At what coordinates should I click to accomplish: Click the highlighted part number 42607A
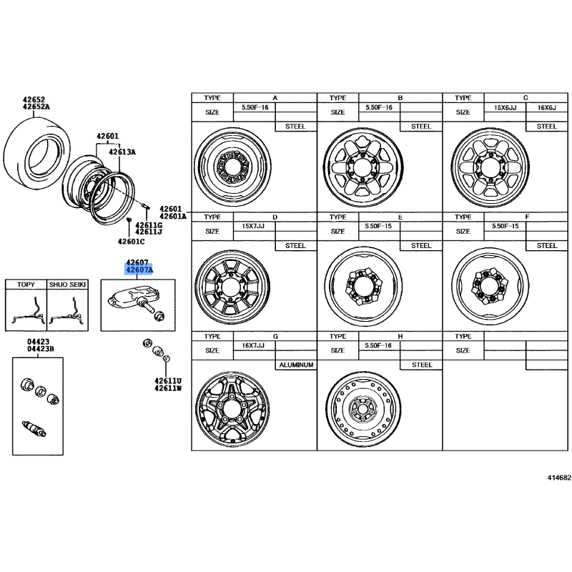139,270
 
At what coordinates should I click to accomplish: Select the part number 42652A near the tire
36,107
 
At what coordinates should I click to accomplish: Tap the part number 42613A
122,152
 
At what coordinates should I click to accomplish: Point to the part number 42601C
131,242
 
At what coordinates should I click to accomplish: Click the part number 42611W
168,388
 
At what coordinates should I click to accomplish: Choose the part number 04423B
41,349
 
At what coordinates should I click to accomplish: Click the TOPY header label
26,285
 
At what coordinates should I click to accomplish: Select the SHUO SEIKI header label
67,285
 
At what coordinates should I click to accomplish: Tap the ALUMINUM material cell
296,365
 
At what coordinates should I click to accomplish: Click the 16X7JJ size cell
253,345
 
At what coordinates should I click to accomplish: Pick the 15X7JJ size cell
253,226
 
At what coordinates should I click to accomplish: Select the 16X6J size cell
546,108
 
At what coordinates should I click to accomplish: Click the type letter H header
400,336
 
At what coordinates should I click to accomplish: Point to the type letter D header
275,217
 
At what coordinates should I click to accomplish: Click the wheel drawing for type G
233,408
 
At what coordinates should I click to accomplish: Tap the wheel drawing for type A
233,167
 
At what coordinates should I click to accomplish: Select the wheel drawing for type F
490,286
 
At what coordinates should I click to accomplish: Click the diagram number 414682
559,478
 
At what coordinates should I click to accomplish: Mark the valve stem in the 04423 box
34,428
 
